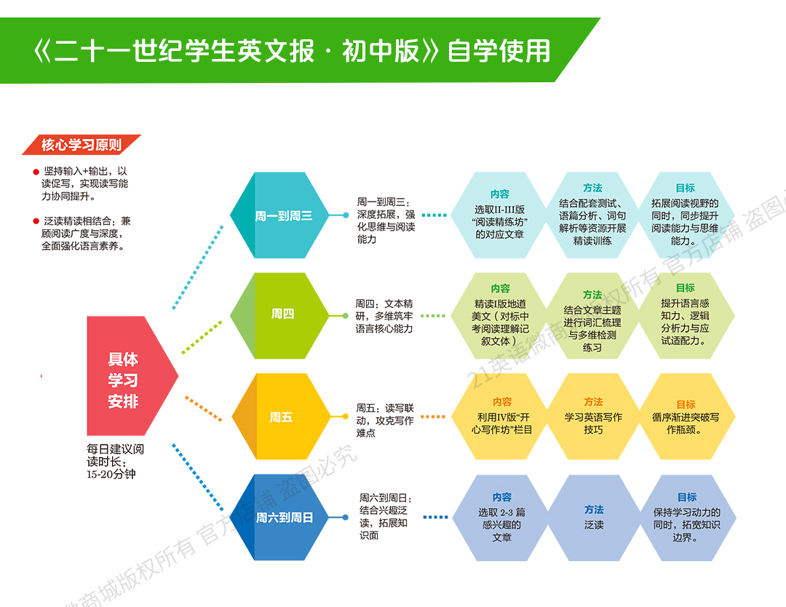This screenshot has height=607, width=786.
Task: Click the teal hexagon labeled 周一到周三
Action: pyautogui.click(x=282, y=215)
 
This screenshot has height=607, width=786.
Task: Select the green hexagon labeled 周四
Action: pyautogui.click(x=282, y=314)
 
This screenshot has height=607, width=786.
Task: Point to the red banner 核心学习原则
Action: pyautogui.click(x=82, y=145)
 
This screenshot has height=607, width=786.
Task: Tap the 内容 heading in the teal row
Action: pyautogui.click(x=500, y=194)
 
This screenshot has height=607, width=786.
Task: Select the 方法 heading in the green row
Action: pyautogui.click(x=592, y=295)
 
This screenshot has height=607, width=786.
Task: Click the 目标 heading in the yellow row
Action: pyautogui.click(x=686, y=404)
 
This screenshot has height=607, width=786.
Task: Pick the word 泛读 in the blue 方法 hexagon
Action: pyautogui.click(x=593, y=525)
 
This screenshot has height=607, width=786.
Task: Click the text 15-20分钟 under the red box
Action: pyautogui.click(x=111, y=475)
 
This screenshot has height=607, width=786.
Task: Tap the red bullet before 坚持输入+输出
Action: pyautogui.click(x=36, y=172)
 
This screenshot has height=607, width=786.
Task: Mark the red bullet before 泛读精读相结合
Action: pyautogui.click(x=36, y=221)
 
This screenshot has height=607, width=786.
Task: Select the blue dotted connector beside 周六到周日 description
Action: pyautogui.click(x=435, y=517)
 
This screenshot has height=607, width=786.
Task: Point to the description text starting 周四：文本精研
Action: pyautogui.click(x=384, y=316)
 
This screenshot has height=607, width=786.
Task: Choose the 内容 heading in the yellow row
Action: pyautogui.click(x=502, y=402)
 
